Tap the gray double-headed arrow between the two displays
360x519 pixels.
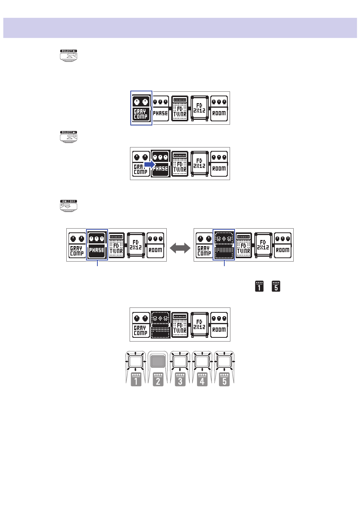[180, 248]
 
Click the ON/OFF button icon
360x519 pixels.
[69, 205]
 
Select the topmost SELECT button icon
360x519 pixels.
[69, 55]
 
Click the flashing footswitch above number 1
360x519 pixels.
[136, 361]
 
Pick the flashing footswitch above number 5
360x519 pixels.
[224, 361]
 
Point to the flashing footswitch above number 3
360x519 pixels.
[180, 361]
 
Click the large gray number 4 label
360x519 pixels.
[202, 379]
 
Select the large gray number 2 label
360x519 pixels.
[158, 379]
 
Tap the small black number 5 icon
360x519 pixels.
[276, 286]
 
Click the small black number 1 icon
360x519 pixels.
[259, 286]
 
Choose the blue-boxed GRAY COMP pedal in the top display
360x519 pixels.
[141, 108]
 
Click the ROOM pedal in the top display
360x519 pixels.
[219, 108]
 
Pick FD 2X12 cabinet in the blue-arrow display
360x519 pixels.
[199, 163]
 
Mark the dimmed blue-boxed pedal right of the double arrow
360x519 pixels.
[224, 245]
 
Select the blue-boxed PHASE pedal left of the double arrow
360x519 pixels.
[97, 245]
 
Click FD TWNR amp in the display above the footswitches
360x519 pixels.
[180, 325]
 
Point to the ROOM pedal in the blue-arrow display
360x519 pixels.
[219, 163]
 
